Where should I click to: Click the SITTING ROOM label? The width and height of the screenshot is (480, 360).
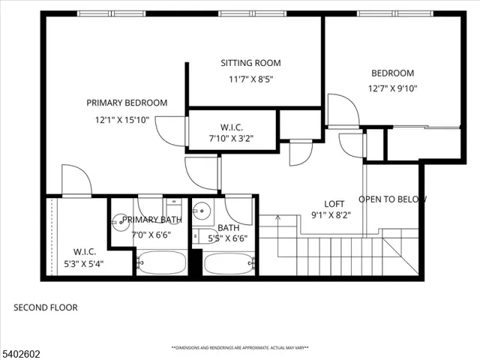point(250,63)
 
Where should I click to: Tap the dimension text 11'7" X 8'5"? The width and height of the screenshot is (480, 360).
point(250,79)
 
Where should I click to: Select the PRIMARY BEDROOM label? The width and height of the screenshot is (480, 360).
point(127,103)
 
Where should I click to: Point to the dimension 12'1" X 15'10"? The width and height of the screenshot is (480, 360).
point(122,119)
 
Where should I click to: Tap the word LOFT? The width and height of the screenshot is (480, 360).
point(334,204)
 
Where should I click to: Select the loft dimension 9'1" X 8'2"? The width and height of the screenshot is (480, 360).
point(331,214)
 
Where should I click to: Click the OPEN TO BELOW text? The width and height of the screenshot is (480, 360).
point(392,199)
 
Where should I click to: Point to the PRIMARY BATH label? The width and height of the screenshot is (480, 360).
point(152,220)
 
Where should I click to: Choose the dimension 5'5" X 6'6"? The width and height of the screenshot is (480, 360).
point(228,239)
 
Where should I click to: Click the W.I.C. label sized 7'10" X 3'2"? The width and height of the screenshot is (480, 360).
point(231,127)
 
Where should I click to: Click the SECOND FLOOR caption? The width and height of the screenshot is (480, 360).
point(46,307)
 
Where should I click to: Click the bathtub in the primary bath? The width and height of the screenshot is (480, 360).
point(161,263)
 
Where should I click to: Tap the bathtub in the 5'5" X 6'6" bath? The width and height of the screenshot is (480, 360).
point(229,263)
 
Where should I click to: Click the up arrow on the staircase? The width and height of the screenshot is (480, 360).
point(278,219)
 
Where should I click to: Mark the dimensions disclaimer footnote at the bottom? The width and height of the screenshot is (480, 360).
point(240,348)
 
